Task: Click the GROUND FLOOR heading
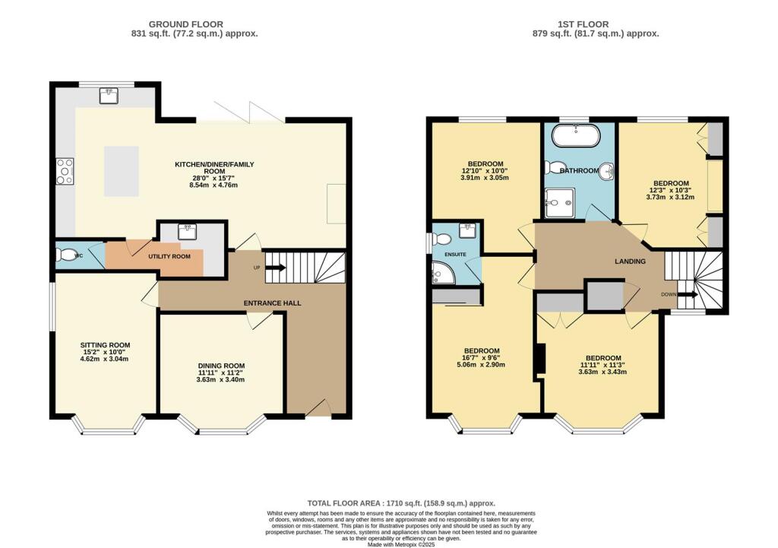[186, 24]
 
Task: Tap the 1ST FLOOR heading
[583, 24]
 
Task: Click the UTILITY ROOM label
[169, 256]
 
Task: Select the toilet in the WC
[64, 255]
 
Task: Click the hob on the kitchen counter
[65, 171]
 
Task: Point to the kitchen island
[122, 171]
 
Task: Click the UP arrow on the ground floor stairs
[276, 268]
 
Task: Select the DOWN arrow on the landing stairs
[688, 294]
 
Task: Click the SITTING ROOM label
[105, 345]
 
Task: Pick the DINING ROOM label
[221, 366]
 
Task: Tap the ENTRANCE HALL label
[273, 303]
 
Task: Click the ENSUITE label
[455, 254]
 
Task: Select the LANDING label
[630, 261]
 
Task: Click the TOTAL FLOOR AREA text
[401, 503]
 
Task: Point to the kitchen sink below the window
[108, 95]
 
